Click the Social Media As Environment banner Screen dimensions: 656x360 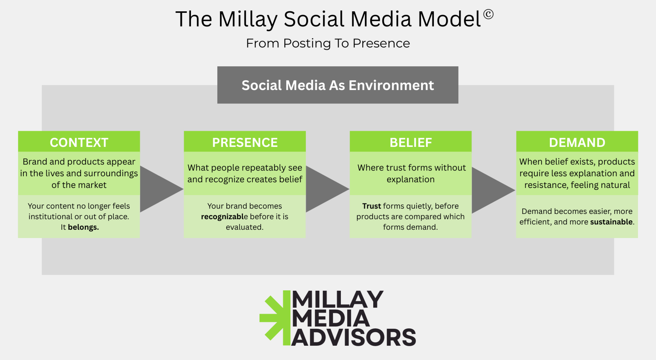(338, 85)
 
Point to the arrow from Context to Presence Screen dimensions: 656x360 (162, 189)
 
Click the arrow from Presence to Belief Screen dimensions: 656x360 (328, 189)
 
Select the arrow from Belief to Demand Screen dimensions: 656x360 (493, 190)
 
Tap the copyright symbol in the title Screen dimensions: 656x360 (488, 14)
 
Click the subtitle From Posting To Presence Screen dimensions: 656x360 (328, 43)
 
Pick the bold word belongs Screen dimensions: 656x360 (83, 227)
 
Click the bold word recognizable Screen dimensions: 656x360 (224, 217)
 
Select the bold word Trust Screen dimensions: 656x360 (372, 206)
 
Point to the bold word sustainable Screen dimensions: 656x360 (611, 222)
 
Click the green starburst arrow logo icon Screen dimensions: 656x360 (275, 318)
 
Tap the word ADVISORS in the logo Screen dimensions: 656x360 (354, 337)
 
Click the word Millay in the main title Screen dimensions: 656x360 (248, 20)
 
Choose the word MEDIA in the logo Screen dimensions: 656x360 (331, 318)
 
